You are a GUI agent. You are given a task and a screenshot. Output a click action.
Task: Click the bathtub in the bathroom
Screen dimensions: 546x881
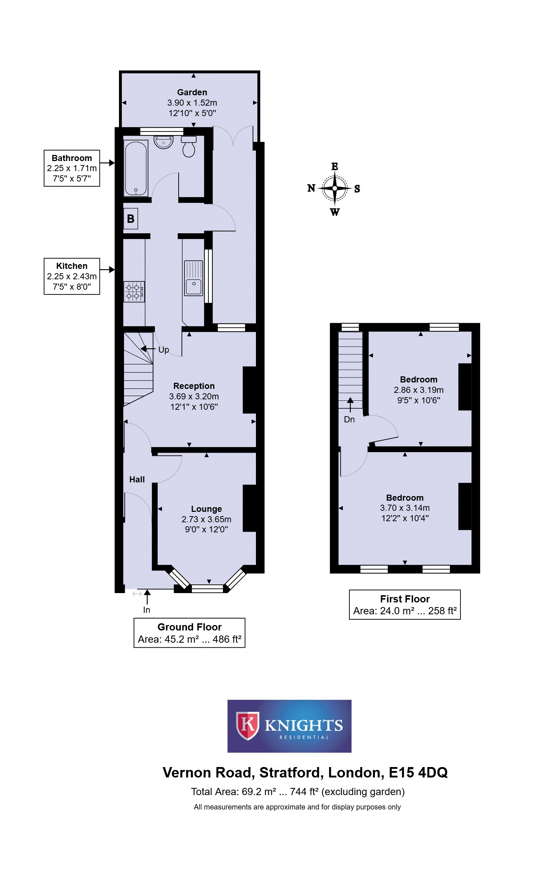pyautogui.click(x=136, y=168)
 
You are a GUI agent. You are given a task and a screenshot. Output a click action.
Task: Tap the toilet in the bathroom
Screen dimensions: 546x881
pyautogui.click(x=188, y=146)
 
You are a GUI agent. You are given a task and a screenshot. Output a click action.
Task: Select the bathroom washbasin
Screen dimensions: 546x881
pyautogui.click(x=164, y=142)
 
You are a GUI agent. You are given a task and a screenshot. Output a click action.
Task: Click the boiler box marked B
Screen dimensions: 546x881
pyautogui.click(x=130, y=219)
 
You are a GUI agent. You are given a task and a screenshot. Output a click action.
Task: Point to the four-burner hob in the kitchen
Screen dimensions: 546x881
pyautogui.click(x=134, y=292)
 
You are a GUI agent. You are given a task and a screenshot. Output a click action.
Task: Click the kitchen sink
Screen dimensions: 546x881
pyautogui.click(x=193, y=278)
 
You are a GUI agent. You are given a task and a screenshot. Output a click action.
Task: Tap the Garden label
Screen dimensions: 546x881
pyautogui.click(x=192, y=92)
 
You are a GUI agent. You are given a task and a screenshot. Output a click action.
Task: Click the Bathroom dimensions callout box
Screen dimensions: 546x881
pyautogui.click(x=72, y=168)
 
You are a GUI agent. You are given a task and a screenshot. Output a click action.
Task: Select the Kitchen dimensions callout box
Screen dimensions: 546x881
pyautogui.click(x=72, y=276)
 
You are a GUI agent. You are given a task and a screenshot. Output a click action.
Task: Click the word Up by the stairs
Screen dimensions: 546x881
pyautogui.click(x=164, y=349)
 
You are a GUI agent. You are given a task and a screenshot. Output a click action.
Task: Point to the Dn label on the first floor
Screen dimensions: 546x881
pyautogui.click(x=349, y=419)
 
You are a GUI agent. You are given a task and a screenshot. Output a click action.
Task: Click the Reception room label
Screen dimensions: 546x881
pyautogui.click(x=194, y=386)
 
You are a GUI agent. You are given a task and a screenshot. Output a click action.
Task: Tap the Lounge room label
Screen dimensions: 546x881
pyautogui.click(x=207, y=509)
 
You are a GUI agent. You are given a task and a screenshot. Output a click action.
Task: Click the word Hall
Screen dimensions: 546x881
pyautogui.click(x=137, y=479)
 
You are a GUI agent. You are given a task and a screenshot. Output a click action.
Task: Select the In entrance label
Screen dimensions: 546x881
pyautogui.click(x=147, y=610)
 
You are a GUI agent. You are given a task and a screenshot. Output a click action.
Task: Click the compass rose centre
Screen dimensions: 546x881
pyautogui.click(x=335, y=188)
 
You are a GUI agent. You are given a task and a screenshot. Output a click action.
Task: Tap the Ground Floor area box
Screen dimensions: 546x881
pyautogui.click(x=189, y=633)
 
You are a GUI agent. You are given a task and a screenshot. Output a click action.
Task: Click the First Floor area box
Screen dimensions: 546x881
pyautogui.click(x=405, y=605)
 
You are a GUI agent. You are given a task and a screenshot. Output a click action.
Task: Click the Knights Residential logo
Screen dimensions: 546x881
pyautogui.click(x=289, y=726)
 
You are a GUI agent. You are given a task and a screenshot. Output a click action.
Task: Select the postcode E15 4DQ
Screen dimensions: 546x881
pyautogui.click(x=418, y=773)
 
